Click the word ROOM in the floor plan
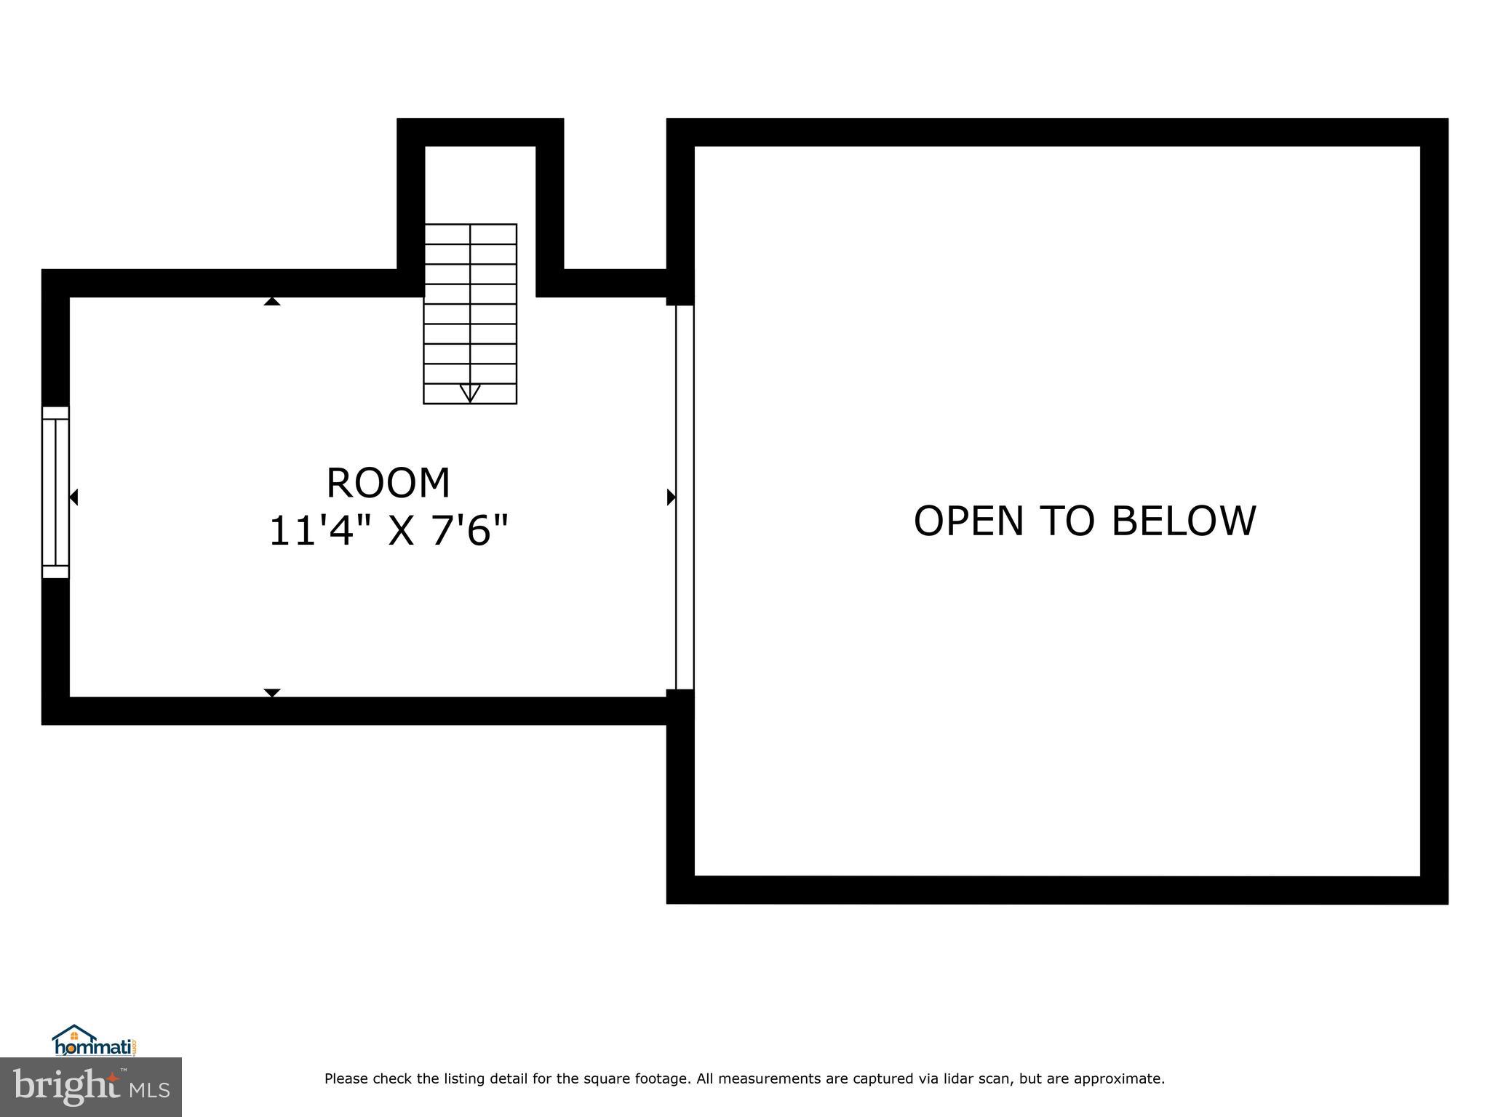[388, 483]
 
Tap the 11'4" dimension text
[311, 531]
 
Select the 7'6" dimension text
[469, 531]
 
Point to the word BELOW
[1184, 521]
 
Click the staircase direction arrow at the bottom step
[470, 393]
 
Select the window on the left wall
[55, 492]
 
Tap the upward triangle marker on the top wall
[271, 301]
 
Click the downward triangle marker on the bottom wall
[271, 692]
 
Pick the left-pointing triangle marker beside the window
[73, 497]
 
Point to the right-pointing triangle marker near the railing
[671, 497]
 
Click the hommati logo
[95, 1041]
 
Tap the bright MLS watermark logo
[90, 1086]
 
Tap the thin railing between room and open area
[684, 497]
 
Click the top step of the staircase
[470, 234]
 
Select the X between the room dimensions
[401, 531]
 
